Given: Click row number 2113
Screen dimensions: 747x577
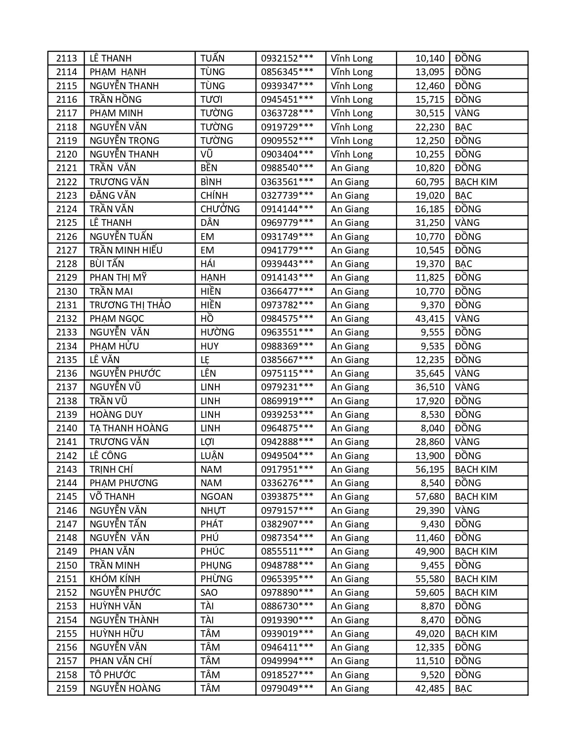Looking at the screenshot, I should [67, 58].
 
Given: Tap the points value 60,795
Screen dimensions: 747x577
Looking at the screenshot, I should [430, 182].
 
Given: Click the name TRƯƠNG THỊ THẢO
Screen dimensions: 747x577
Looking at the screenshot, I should [130, 305].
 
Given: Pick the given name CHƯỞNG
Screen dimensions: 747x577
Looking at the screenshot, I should [220, 209].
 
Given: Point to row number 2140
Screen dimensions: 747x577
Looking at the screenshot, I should [67, 428].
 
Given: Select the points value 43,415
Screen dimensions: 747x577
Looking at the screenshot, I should [430, 319].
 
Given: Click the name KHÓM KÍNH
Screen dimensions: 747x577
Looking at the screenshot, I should [115, 579].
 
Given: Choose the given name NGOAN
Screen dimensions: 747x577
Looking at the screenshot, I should [216, 497].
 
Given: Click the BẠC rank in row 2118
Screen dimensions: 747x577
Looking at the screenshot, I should [463, 127].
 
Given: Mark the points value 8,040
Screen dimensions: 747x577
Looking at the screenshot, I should [433, 428].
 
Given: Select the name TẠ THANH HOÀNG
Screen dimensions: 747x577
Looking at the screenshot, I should [129, 428].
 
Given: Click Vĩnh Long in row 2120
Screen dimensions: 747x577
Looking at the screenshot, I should [352, 154].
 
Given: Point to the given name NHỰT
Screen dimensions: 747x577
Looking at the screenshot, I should [213, 511].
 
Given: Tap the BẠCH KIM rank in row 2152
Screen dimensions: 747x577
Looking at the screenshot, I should [476, 593].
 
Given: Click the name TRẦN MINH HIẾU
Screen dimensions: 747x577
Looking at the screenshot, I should [126, 250].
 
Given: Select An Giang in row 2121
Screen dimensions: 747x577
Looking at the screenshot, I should [350, 168].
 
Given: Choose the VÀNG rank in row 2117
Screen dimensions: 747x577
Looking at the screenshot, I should [467, 113].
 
